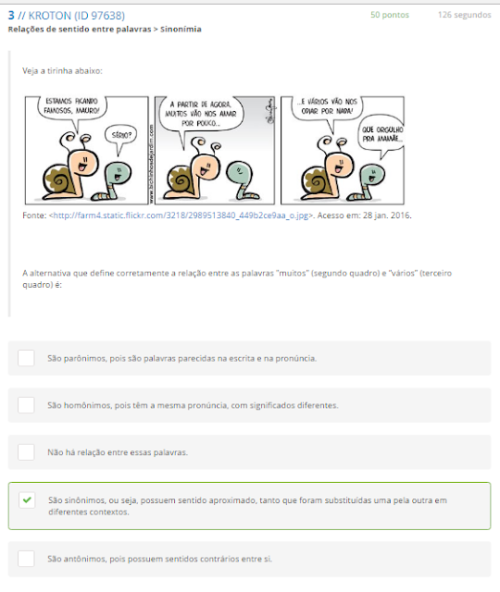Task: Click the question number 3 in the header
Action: (11, 16)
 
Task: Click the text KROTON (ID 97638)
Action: (77, 16)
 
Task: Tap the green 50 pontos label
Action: (390, 15)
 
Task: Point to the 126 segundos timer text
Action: (465, 15)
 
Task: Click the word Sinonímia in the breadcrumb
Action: (181, 29)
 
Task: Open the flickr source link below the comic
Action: (181, 216)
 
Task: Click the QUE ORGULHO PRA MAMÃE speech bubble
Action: (381, 135)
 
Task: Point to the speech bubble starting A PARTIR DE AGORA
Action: (201, 115)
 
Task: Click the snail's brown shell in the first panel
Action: (57, 179)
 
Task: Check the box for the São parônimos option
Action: (26, 358)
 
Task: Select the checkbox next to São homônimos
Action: (26, 405)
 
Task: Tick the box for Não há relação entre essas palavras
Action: (26, 452)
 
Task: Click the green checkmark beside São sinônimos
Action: (27, 499)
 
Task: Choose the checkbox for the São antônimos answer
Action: (26, 559)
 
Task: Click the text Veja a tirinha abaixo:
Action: (62, 70)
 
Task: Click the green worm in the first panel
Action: (113, 180)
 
